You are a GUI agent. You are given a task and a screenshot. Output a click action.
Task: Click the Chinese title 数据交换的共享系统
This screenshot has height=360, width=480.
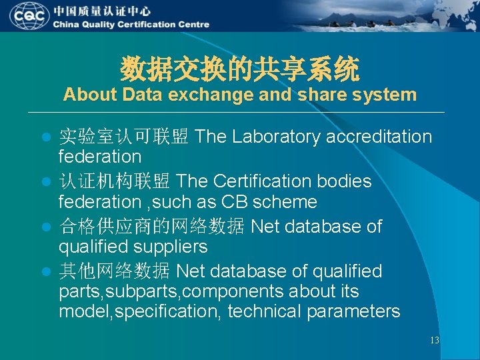[240, 69]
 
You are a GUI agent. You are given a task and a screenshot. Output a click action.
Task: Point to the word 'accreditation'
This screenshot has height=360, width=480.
[380, 137]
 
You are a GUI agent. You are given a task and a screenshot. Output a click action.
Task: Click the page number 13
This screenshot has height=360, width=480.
[434, 341]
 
